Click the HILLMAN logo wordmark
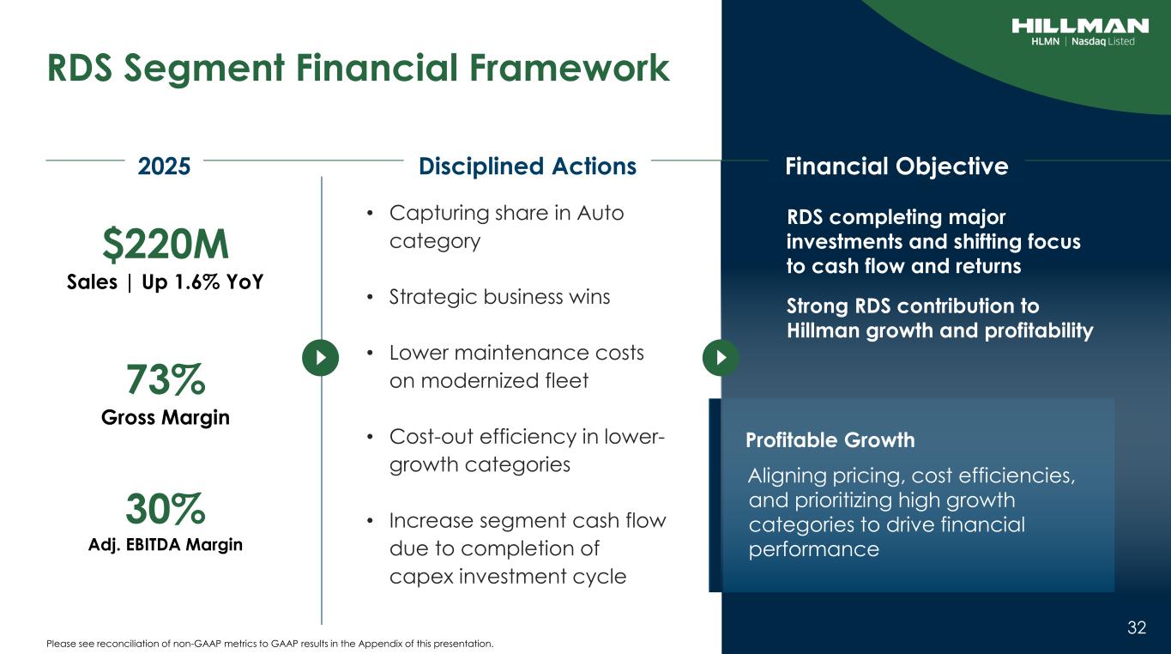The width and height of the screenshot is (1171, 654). [x=1080, y=26]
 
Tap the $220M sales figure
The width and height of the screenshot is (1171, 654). [x=166, y=245]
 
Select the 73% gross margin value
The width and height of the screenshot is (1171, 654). [x=166, y=379]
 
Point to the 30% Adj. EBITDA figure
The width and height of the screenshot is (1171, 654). [x=166, y=508]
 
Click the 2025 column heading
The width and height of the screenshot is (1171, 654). [x=164, y=167]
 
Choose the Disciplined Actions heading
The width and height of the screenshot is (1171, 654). [x=528, y=167]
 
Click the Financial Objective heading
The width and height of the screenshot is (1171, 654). [x=896, y=167]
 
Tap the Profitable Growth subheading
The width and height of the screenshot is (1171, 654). [x=830, y=440]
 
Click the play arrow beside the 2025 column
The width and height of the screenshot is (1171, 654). [x=321, y=358]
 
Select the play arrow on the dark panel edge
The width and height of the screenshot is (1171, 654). [x=721, y=358]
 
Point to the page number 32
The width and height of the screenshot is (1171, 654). [x=1137, y=627]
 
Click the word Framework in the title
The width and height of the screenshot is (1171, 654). [x=570, y=68]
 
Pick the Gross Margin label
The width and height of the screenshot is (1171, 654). [x=166, y=417]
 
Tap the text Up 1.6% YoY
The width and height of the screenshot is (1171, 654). [x=202, y=282]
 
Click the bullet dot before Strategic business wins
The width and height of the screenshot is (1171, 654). [x=370, y=297]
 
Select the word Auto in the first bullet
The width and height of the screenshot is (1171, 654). [x=601, y=213]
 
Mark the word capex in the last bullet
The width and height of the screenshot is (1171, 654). [x=421, y=577]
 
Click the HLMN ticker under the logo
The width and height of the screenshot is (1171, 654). [x=1045, y=41]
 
